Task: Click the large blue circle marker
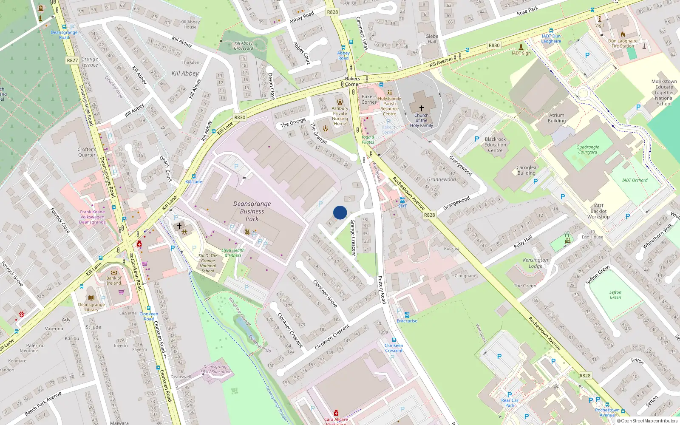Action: pyautogui.click(x=340, y=212)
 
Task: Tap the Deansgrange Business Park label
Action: pyautogui.click(x=252, y=211)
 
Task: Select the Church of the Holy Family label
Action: pyautogui.click(x=421, y=120)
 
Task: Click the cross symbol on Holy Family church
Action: pyautogui.click(x=421, y=108)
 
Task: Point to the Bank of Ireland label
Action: pyautogui.click(x=113, y=280)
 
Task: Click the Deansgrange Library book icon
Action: pyautogui.click(x=91, y=298)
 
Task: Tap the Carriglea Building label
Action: pyautogui.click(x=526, y=170)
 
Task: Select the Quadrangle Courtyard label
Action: pyautogui.click(x=587, y=150)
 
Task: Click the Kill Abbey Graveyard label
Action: pyautogui.click(x=244, y=45)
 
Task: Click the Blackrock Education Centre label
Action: pyautogui.click(x=495, y=144)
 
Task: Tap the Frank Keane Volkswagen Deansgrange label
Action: pyautogui.click(x=92, y=217)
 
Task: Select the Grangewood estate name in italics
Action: pyautogui.click(x=441, y=179)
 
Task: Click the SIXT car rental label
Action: pyautogui.click(x=402, y=206)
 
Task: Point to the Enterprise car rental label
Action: pyautogui.click(x=407, y=321)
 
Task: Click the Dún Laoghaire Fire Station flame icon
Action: pyautogui.click(x=623, y=34)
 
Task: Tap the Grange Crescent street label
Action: pyautogui.click(x=353, y=237)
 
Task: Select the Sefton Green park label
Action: pyautogui.click(x=615, y=295)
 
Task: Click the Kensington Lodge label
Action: pyautogui.click(x=535, y=263)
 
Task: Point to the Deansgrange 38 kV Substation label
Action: pyautogui.click(x=216, y=369)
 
